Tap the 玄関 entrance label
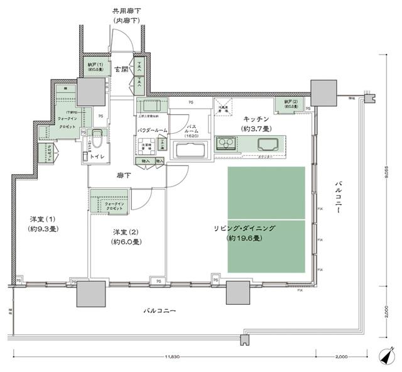tap(121, 69)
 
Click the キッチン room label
tap(254, 119)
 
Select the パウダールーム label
tap(153, 130)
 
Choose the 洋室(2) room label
tap(126, 236)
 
